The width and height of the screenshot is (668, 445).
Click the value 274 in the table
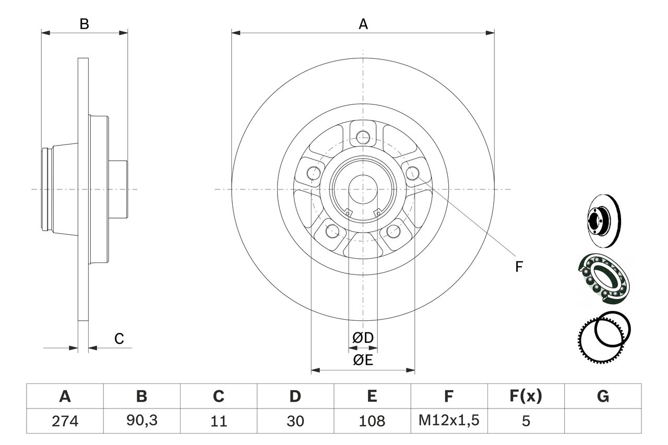pos(65,420)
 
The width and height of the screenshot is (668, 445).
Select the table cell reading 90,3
pos(141,420)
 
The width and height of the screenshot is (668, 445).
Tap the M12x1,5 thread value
pos(449,420)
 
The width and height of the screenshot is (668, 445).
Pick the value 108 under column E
pos(372,420)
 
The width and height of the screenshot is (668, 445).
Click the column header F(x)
pos(526,397)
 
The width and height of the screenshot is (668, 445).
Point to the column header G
pos(603,397)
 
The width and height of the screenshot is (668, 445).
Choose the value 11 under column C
pos(218,420)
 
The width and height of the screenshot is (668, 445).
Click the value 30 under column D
pos(295,420)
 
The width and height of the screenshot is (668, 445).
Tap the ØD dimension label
pos(363,338)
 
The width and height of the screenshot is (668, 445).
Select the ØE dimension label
pos(363,360)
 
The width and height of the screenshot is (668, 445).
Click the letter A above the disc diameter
pos(363,24)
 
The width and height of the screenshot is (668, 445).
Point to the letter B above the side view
pos(84,24)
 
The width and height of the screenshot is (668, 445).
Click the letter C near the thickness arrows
pos(119,339)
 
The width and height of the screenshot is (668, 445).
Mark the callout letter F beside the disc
pos(518,267)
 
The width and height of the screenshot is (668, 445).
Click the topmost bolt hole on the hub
pos(363,137)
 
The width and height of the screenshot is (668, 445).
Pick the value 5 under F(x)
pos(526,420)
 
